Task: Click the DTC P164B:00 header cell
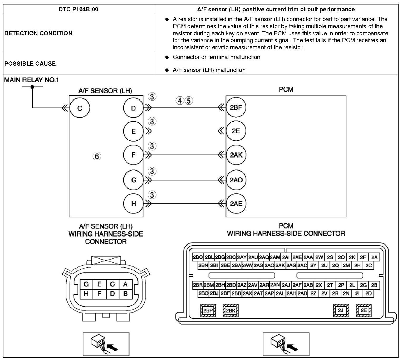point(78,9)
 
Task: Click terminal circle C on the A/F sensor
point(80,108)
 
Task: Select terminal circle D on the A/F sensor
point(133,108)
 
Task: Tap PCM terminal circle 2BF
point(236,107)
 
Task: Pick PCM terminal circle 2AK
point(236,155)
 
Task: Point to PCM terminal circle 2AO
point(236,180)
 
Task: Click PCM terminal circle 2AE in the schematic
point(236,203)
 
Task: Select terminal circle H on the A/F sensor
point(134,203)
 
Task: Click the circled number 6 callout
point(97,156)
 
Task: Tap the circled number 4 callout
point(180,100)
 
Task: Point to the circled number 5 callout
point(189,100)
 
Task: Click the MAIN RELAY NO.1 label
point(32,80)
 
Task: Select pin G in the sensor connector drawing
point(86,284)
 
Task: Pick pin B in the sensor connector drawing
point(125,294)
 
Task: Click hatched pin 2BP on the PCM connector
point(208,310)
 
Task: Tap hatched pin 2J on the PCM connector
point(341,310)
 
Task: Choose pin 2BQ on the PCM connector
point(198,257)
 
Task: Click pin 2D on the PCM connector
point(369,293)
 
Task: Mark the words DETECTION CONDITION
point(38,33)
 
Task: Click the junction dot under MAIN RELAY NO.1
point(32,87)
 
